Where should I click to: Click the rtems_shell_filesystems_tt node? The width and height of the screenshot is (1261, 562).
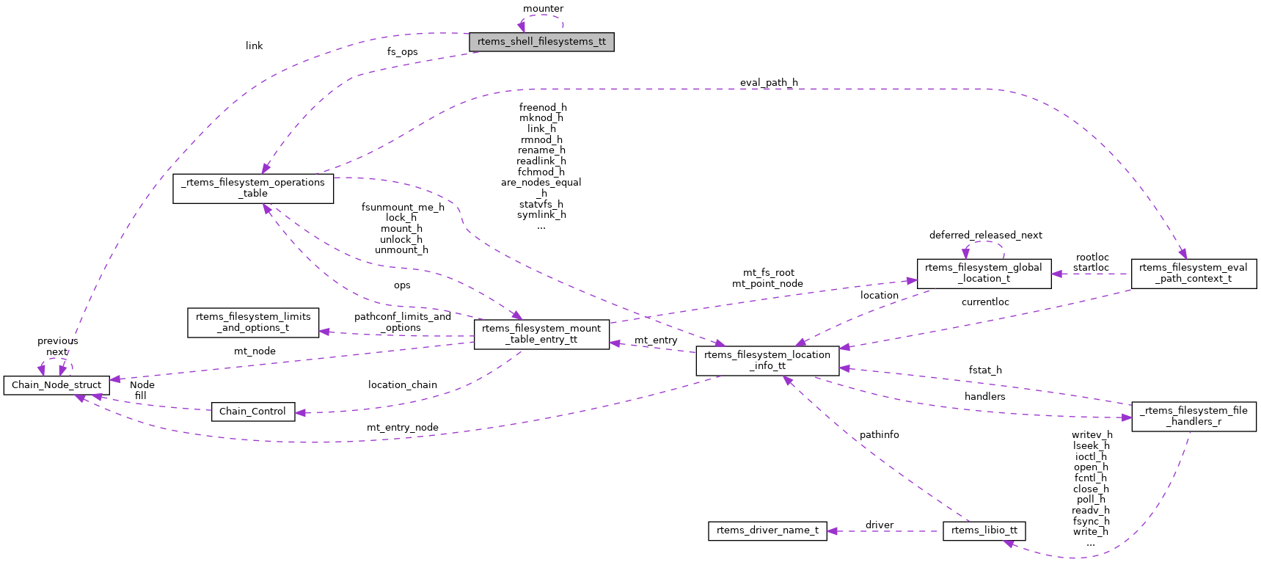click(x=541, y=42)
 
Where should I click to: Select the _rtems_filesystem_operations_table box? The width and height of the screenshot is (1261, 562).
click(x=253, y=189)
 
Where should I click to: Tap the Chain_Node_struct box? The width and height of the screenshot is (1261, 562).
click(x=56, y=385)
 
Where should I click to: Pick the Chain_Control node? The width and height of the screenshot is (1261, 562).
click(x=253, y=412)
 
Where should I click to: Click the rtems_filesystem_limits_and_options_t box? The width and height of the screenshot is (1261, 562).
click(x=253, y=323)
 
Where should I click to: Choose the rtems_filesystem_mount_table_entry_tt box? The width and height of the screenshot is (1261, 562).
click(x=541, y=335)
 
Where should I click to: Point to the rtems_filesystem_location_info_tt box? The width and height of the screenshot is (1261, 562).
click(x=767, y=361)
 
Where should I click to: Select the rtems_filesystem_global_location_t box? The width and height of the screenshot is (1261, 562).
click(x=984, y=274)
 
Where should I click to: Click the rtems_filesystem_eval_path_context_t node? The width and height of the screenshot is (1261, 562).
click(x=1194, y=274)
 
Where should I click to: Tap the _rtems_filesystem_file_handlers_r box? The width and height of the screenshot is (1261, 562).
click(x=1194, y=417)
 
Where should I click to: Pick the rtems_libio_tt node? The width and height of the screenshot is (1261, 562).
click(x=984, y=531)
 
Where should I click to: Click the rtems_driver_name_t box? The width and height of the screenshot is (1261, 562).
click(x=767, y=531)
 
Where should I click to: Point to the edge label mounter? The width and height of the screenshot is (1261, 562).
click(x=543, y=9)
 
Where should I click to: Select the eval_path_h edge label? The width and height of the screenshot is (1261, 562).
click(x=769, y=83)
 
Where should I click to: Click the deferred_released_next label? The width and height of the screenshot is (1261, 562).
click(x=985, y=236)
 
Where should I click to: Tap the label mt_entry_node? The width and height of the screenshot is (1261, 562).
click(x=403, y=428)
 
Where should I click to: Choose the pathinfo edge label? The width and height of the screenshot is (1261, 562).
click(x=879, y=435)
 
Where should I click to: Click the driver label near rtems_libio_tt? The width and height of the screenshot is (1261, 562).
click(x=879, y=525)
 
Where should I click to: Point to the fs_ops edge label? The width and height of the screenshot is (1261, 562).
click(x=403, y=52)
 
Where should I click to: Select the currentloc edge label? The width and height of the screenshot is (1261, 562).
click(x=985, y=302)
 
